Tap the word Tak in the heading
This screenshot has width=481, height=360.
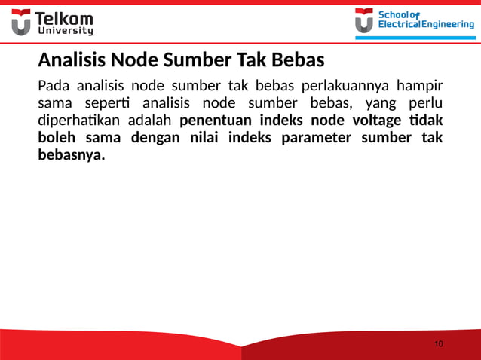251,59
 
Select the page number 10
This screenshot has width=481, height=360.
439,344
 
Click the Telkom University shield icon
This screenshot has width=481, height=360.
21,23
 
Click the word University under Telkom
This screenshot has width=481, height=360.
66,32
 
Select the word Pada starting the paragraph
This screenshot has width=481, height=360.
53,84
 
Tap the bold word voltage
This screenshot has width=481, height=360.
371,120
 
